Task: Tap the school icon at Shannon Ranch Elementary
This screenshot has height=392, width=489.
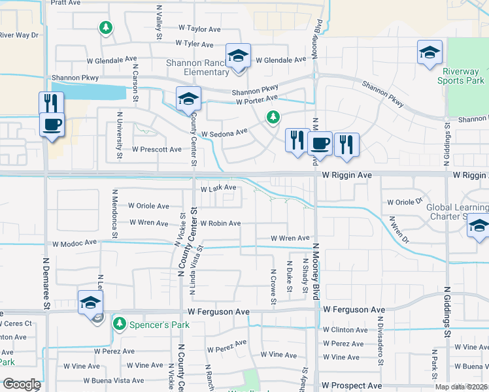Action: [x=238, y=56]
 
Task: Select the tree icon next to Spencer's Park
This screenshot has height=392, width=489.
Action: [x=120, y=323]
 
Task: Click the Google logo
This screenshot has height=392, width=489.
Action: [x=22, y=384]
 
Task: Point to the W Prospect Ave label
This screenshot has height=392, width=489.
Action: [x=352, y=386]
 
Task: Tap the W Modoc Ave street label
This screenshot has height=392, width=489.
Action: [x=75, y=243]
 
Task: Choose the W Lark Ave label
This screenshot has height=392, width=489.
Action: [x=218, y=188]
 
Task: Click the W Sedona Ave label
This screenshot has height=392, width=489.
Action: [x=224, y=133]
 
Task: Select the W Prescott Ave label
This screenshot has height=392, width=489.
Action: [x=157, y=149]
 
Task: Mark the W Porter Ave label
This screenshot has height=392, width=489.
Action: [x=257, y=100]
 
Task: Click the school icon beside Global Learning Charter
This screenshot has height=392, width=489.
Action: [x=478, y=227]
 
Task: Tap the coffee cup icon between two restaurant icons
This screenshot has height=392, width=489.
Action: [x=320, y=143]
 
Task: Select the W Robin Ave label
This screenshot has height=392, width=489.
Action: [x=220, y=223]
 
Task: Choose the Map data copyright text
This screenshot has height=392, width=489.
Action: [x=461, y=387]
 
